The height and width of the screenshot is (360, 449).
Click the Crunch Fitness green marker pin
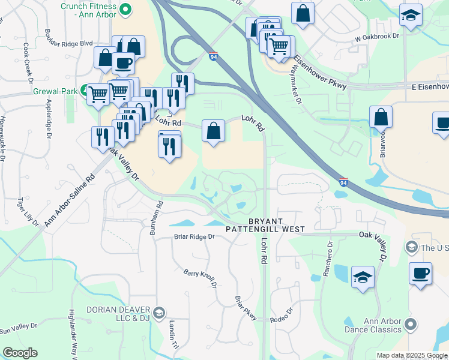pyautogui.click(x=125, y=9)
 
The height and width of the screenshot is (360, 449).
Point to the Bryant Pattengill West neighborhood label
pyautogui.click(x=265, y=225)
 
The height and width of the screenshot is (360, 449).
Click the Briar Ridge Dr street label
pyautogui.click(x=194, y=236)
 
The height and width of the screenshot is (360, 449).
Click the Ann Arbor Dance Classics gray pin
pyautogui.click(x=411, y=325)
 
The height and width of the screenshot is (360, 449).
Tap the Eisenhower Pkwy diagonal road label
pyautogui.click(x=321, y=74)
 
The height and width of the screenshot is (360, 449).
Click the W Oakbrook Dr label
pyautogui.click(x=377, y=37)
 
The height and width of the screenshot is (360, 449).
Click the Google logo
pyautogui.click(x=20, y=353)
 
